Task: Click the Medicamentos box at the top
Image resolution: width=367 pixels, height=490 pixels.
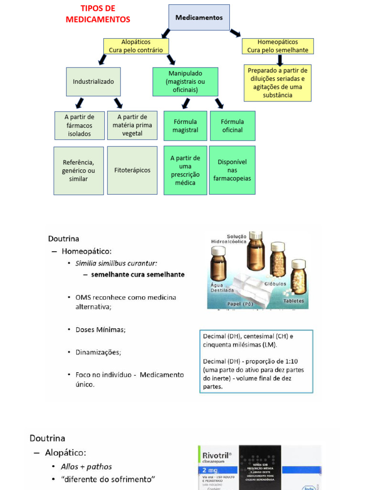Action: pyautogui.click(x=199, y=18)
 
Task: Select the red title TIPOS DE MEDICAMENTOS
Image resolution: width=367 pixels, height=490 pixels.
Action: pyautogui.click(x=98, y=14)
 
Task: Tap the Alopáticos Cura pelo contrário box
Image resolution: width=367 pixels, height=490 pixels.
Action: pyautogui.click(x=136, y=46)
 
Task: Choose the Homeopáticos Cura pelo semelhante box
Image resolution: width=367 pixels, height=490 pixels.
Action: pyautogui.click(x=278, y=46)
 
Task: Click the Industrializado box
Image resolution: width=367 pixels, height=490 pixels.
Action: pyautogui.click(x=93, y=82)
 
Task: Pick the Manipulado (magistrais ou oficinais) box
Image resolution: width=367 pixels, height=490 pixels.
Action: pyautogui.click(x=185, y=82)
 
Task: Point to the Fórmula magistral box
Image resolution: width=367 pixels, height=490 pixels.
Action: pyautogui.click(x=185, y=126)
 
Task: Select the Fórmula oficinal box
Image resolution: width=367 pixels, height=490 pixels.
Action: pyautogui.click(x=232, y=126)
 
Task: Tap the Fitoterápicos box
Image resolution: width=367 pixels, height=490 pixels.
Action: pyautogui.click(x=132, y=170)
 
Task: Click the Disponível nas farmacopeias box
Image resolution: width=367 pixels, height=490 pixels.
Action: pyautogui.click(x=232, y=170)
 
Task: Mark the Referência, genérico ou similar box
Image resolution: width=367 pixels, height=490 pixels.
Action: pyautogui.click(x=78, y=171)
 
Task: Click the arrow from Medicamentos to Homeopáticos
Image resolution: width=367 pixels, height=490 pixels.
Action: pyautogui.click(x=235, y=33)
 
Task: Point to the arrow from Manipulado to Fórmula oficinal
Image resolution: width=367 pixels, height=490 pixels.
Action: pyautogui.click(x=219, y=103)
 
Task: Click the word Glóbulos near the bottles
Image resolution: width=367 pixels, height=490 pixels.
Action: pyautogui.click(x=275, y=283)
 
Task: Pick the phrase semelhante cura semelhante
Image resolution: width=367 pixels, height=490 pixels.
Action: pyautogui.click(x=138, y=275)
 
